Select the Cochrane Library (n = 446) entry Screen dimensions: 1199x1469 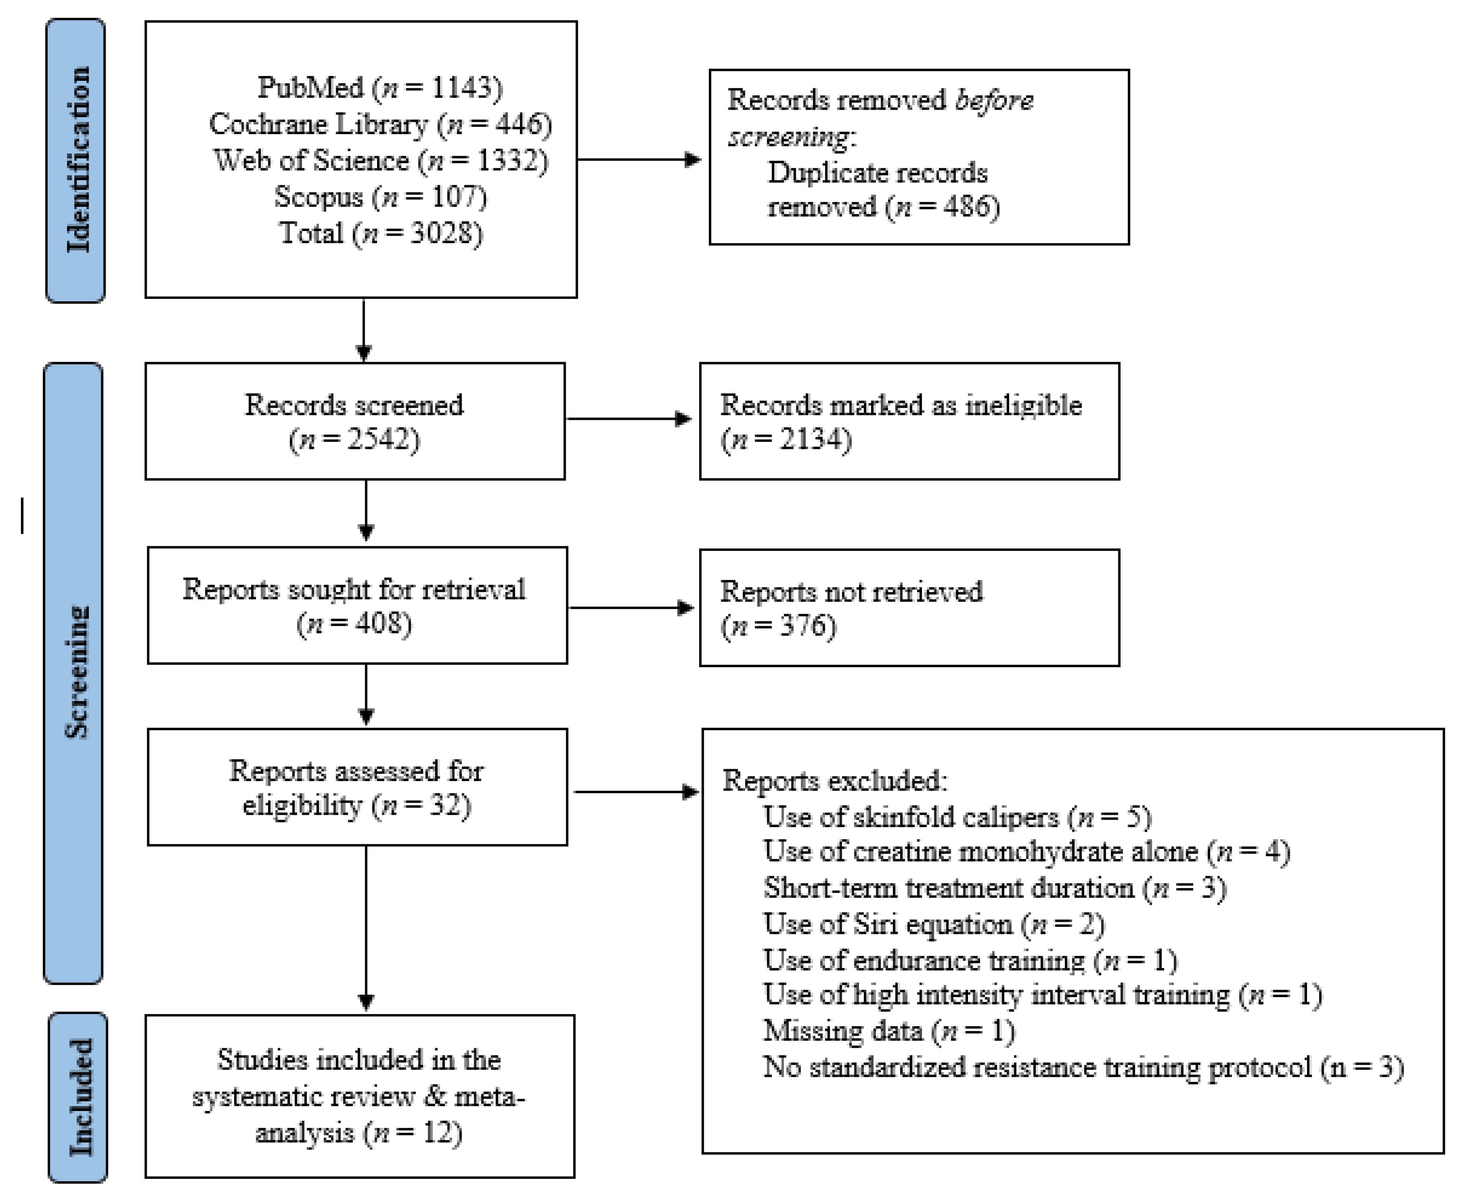pyautogui.click(x=380, y=124)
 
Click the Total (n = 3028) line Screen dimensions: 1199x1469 pyautogui.click(x=380, y=233)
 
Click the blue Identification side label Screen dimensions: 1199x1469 pyautogui.click(x=76, y=160)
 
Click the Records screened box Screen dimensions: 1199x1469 pyautogui.click(x=355, y=421)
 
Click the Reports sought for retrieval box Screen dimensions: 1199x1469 pyautogui.click(x=357, y=606)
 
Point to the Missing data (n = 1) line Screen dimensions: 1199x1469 pyautogui.click(x=889, y=1031)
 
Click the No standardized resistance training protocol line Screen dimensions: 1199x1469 pyautogui.click(x=1082, y=1068)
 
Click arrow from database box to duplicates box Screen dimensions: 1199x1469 pyautogui.click(x=639, y=160)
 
